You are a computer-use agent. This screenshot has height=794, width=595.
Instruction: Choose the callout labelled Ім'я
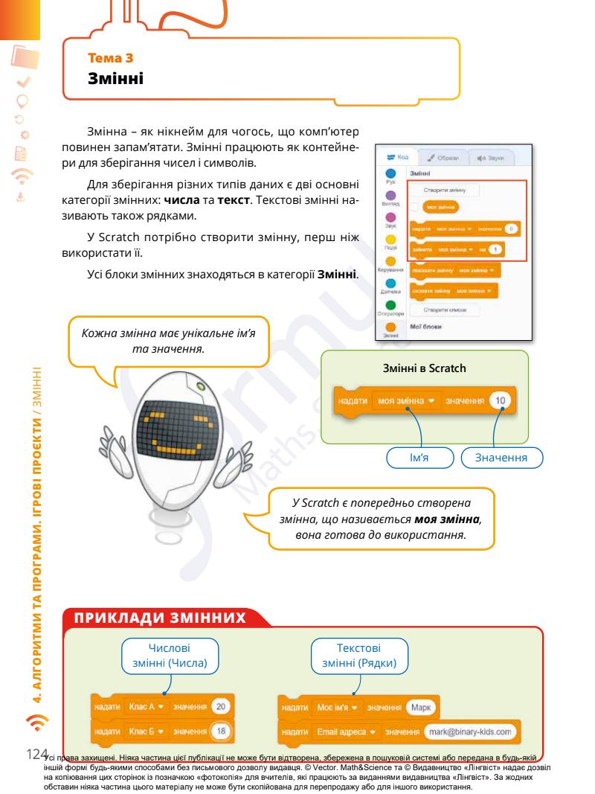click(421, 456)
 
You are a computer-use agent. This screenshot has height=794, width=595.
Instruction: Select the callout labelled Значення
click(503, 456)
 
